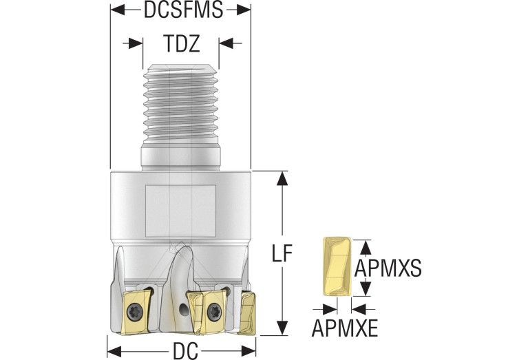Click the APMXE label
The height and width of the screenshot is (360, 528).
(345, 328)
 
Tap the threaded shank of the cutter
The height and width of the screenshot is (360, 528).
(182, 103)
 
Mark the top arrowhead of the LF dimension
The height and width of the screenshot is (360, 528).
(281, 178)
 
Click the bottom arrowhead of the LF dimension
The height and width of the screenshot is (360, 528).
(281, 329)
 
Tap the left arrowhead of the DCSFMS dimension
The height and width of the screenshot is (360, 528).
(116, 10)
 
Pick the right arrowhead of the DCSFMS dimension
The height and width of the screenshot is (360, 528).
(244, 10)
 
